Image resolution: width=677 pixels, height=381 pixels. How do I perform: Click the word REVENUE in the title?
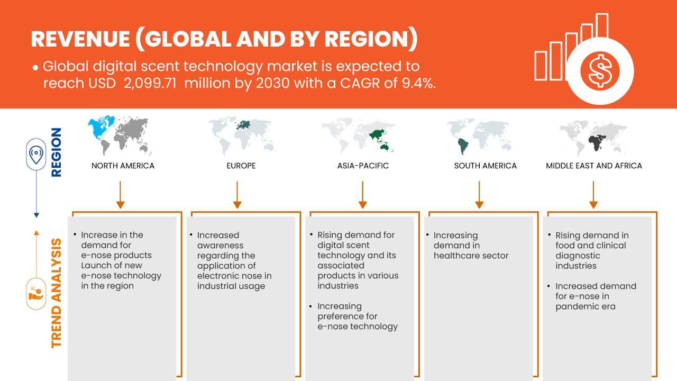click(79, 40)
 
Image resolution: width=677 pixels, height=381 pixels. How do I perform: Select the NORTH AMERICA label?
click(123, 166)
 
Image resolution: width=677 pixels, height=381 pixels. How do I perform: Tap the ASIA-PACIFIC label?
click(363, 166)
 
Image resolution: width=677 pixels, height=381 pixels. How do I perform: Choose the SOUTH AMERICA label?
click(485, 166)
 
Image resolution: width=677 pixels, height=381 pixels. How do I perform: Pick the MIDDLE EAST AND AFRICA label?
click(594, 166)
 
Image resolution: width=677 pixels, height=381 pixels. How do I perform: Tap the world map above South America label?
click(479, 135)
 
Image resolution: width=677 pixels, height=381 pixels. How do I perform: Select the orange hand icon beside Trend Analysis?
click(36, 293)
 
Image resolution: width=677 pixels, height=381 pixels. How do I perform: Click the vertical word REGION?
click(56, 152)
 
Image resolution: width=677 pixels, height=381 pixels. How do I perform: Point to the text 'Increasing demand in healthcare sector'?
click(471, 245)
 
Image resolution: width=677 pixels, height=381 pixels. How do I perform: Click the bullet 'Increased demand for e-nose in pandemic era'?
click(595, 296)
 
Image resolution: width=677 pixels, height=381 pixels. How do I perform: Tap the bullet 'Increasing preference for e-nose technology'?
click(357, 316)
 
